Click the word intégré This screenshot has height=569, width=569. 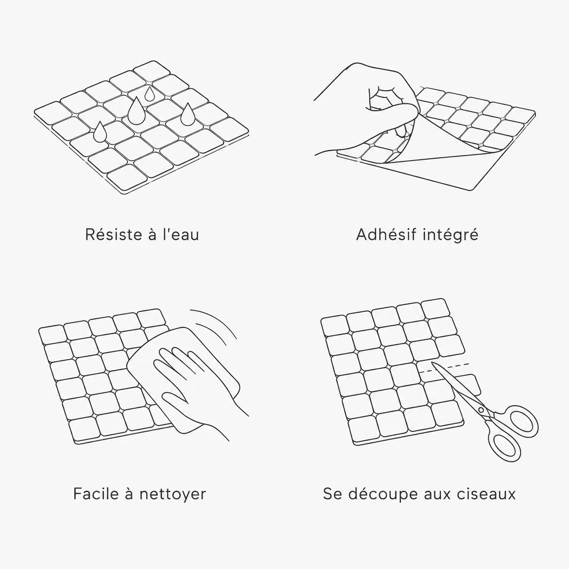pos(450,236)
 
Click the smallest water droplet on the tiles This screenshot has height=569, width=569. pos(149,94)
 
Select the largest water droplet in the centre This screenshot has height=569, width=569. pos(136,111)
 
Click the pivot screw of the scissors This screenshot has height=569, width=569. pos(481,410)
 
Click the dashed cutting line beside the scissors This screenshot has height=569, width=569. pos(444,368)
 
